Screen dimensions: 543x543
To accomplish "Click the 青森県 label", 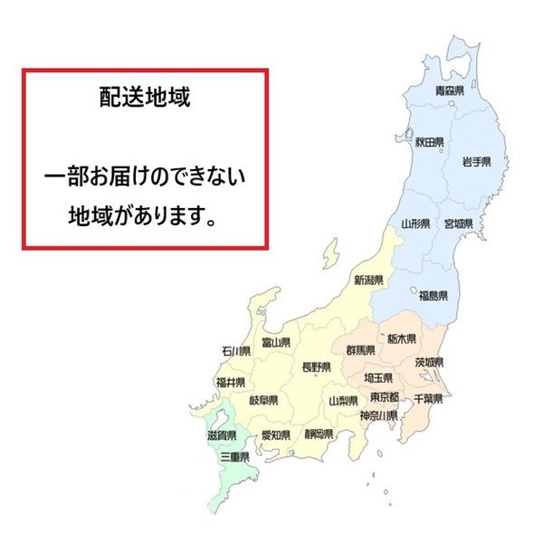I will click(x=449, y=90).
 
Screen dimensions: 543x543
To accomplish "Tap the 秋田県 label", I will click(x=428, y=142).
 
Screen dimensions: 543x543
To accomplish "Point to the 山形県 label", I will click(x=415, y=223).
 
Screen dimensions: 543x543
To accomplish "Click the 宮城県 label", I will click(x=459, y=223).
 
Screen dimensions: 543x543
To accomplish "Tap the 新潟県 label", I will click(x=369, y=280).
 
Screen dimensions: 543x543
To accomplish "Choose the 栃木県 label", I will click(x=402, y=339).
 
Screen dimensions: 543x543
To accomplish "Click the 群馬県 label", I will click(x=361, y=349).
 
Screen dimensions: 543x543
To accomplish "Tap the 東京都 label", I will click(x=385, y=398).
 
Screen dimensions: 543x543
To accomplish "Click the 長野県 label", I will click(x=317, y=367).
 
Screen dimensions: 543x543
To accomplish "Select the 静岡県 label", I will click(x=319, y=433).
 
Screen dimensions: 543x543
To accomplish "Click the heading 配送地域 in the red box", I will click(x=145, y=98).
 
